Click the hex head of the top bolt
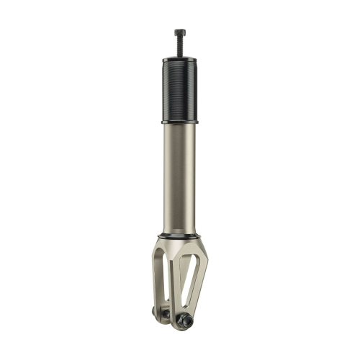coord(179,32)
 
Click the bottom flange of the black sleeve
coord(179,122)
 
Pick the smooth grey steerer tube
coord(179,180)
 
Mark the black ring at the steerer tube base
coord(179,235)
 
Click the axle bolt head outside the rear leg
coord(155,313)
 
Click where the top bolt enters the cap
coord(179,53)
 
